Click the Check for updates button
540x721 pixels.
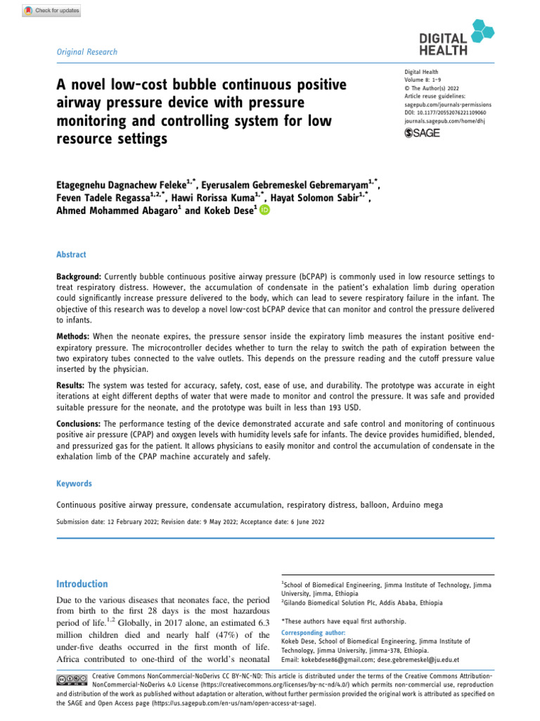52,11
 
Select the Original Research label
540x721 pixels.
86,52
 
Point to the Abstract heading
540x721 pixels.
72,255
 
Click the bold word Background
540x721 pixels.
79,278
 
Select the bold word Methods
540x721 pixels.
72,337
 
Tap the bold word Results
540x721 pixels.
70,387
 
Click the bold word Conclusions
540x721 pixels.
79,425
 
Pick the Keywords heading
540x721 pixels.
74,484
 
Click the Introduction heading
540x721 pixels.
82,584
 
